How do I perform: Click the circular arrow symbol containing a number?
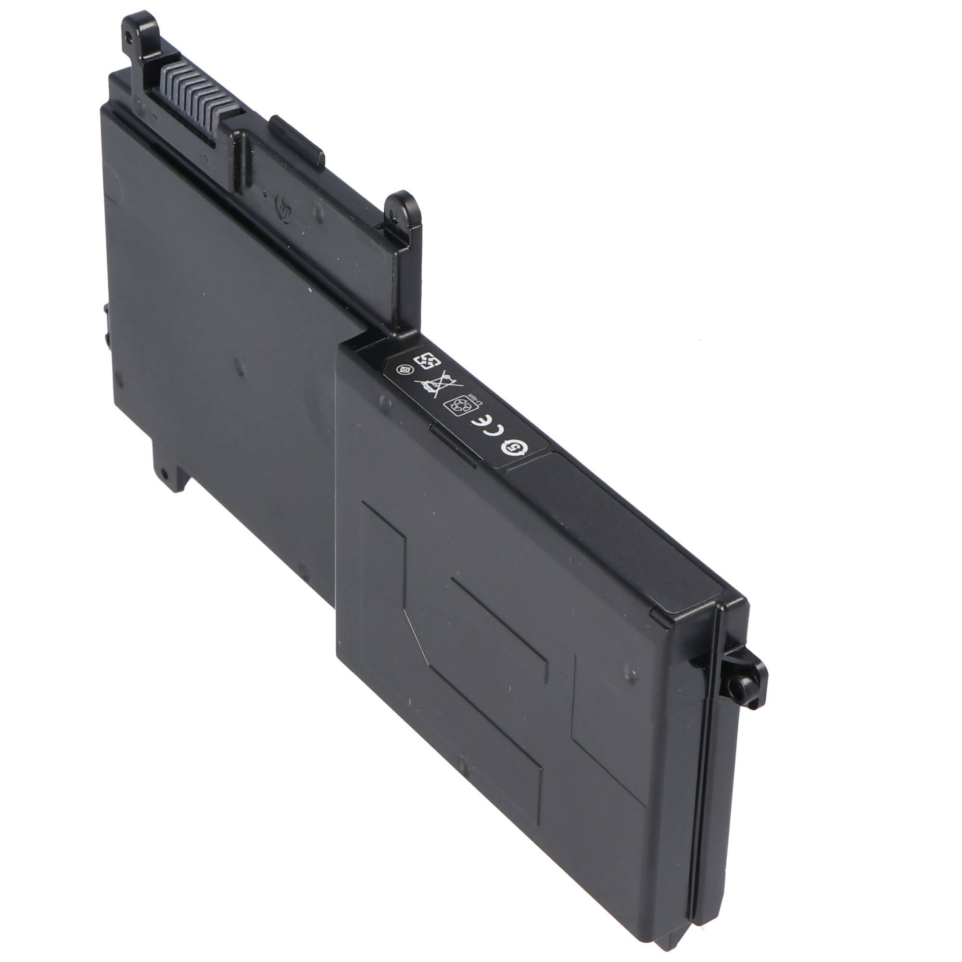510,449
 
